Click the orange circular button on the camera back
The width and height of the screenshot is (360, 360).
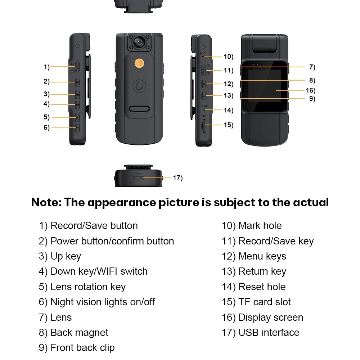coord(139,64)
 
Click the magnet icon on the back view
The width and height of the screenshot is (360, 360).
coord(139,87)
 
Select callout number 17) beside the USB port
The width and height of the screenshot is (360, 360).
coord(178,178)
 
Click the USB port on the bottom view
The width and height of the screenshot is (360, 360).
coord(139,177)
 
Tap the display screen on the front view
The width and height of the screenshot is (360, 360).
coord(261,90)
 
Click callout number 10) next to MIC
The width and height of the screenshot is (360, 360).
coord(228,57)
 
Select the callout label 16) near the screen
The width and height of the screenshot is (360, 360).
coord(310,90)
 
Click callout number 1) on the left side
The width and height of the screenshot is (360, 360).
coord(46,67)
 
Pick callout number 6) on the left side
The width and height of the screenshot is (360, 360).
coord(46,127)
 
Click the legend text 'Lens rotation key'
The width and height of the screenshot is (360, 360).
coord(88,287)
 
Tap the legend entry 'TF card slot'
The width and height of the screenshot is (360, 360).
coord(265,302)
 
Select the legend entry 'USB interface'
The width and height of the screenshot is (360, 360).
coord(269,333)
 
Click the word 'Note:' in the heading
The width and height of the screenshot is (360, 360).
coord(46,202)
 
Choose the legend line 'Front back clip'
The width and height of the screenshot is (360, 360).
coord(82,348)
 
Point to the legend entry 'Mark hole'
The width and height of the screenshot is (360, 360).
coord(260,226)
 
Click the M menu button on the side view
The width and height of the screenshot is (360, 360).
coord(204,84)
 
